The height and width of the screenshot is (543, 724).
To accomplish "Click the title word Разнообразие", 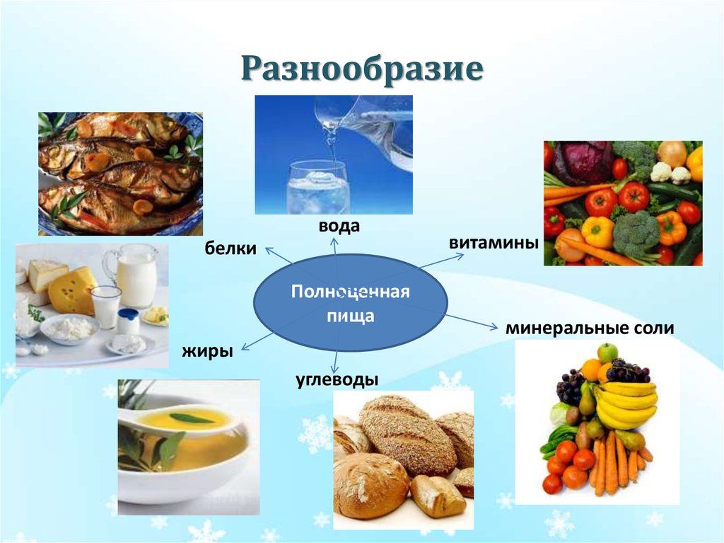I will (363, 69).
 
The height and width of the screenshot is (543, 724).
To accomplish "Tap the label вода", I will (339, 227).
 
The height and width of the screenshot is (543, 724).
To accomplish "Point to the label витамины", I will (494, 243).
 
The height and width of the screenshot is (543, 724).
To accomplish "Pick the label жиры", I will (207, 350).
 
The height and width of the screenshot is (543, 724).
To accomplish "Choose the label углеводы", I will (337, 380).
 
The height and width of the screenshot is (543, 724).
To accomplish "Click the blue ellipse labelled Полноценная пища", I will (351, 304).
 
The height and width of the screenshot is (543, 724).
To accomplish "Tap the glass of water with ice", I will (317, 188).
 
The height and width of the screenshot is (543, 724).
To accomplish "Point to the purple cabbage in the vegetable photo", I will (583, 162).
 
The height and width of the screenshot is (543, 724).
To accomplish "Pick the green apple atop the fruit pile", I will (607, 353).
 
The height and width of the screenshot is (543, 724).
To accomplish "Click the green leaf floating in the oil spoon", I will (192, 418).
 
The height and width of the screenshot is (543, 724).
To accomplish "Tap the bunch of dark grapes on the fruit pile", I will (626, 371).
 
